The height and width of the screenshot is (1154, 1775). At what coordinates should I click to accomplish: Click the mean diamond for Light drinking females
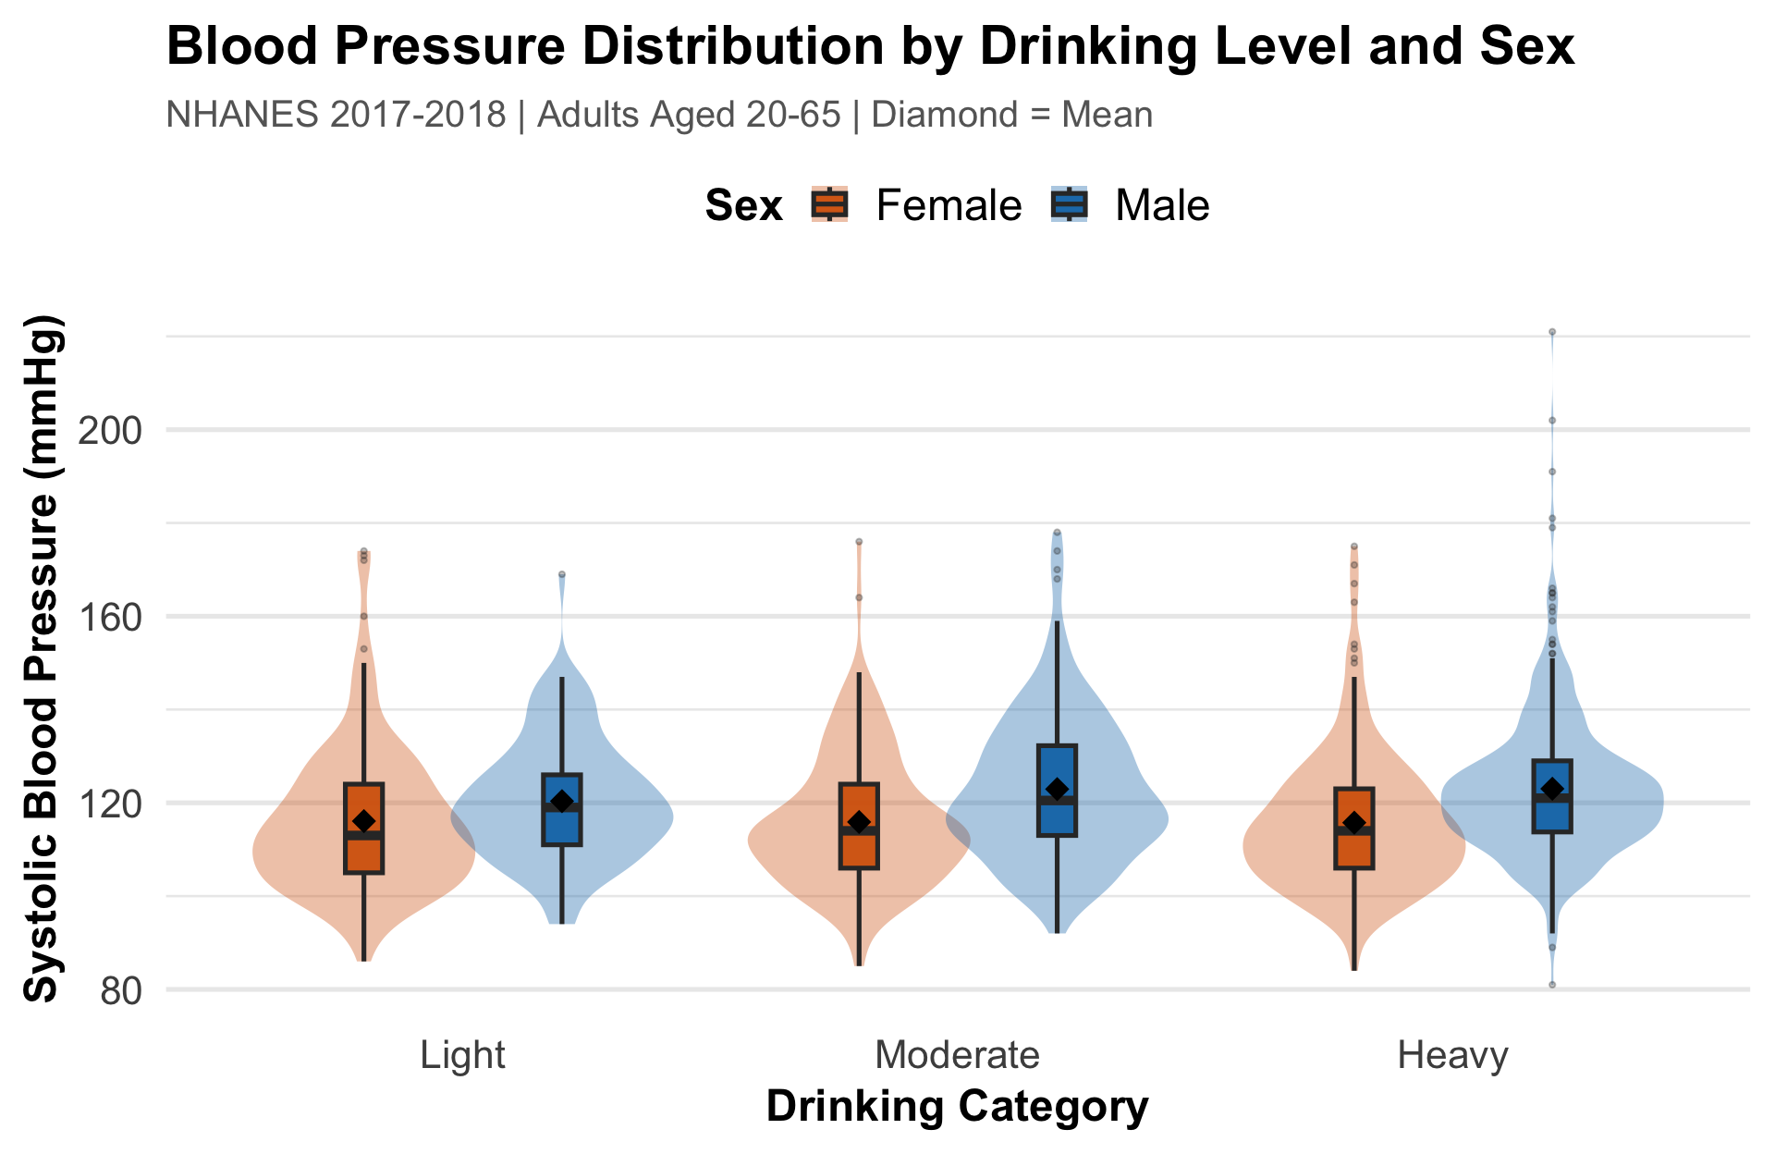pyautogui.click(x=363, y=821)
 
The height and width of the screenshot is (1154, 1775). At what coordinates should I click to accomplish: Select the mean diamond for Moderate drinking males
pyautogui.click(x=1057, y=789)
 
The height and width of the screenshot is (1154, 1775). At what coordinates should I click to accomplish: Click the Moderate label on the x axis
pyautogui.click(x=957, y=1055)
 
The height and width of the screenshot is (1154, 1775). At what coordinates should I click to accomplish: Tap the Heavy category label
pyautogui.click(x=1452, y=1055)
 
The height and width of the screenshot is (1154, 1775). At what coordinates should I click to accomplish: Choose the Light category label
pyautogui.click(x=462, y=1055)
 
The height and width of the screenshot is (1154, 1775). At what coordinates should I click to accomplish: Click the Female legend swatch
pyautogui.click(x=829, y=204)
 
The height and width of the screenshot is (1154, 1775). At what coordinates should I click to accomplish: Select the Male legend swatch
pyautogui.click(x=1069, y=204)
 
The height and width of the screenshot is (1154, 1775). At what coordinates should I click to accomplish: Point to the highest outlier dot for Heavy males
pyautogui.click(x=1552, y=332)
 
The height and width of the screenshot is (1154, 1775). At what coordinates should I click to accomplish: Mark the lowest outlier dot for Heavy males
pyautogui.click(x=1552, y=985)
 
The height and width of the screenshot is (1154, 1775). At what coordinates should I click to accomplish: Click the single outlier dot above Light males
pyautogui.click(x=561, y=574)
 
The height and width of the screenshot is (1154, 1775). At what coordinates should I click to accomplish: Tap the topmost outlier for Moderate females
pyautogui.click(x=859, y=542)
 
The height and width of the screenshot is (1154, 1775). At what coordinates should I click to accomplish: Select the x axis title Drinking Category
pyautogui.click(x=957, y=1107)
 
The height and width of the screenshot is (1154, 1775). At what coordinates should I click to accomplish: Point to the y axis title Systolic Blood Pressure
pyautogui.click(x=43, y=658)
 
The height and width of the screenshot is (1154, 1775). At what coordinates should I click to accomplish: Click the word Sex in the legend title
pyautogui.click(x=743, y=205)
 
